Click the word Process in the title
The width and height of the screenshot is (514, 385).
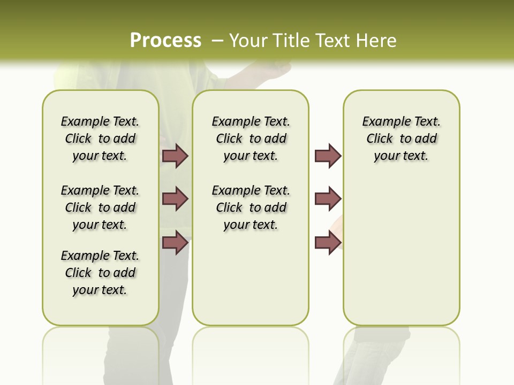point(165,41)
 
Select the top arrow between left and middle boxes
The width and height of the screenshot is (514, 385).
point(175,156)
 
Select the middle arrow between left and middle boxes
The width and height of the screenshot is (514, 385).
point(175,199)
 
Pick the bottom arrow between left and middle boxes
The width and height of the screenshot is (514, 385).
point(175,242)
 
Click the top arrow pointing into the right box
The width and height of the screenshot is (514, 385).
point(328,156)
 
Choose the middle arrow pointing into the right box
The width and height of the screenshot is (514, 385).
point(328,199)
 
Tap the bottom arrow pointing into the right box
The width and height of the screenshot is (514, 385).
point(328,242)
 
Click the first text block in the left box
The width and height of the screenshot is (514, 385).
point(100,138)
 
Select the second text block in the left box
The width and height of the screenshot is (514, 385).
point(100,207)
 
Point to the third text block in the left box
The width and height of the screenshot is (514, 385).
point(100,273)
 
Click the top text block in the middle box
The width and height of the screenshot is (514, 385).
point(251,138)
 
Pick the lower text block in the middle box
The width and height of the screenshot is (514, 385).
point(251,207)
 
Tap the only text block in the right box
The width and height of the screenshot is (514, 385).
point(402,138)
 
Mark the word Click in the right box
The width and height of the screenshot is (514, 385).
point(380,139)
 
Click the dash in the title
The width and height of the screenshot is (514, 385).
point(217,41)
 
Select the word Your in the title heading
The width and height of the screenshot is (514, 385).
point(248,41)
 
